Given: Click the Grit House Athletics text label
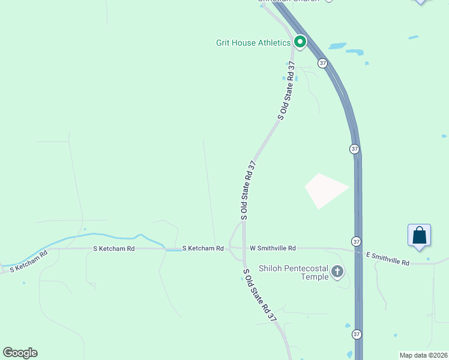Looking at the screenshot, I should pyautogui.click(x=253, y=43).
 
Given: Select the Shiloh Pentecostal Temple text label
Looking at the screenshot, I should pyautogui.click(x=294, y=272).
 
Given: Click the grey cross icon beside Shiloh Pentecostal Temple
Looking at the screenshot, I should pyautogui.click(x=337, y=272).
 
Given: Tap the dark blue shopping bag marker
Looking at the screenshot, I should pyautogui.click(x=419, y=235).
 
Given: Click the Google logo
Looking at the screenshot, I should pyautogui.click(x=20, y=353).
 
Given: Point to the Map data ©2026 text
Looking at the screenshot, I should pyautogui.click(x=423, y=355).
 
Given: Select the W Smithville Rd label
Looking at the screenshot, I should pyautogui.click(x=273, y=248).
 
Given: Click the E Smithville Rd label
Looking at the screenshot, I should pyautogui.click(x=388, y=259).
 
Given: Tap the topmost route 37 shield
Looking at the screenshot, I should pyautogui.click(x=323, y=62).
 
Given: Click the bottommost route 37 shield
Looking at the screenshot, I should pyautogui.click(x=357, y=334).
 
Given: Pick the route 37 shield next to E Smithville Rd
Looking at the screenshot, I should pyautogui.click(x=357, y=241).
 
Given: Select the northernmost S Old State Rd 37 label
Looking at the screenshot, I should pyautogui.click(x=286, y=90).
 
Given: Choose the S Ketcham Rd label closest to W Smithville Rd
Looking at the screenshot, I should pyautogui.click(x=203, y=248).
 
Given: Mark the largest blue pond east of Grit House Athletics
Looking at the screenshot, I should pyautogui.click(x=337, y=46).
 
